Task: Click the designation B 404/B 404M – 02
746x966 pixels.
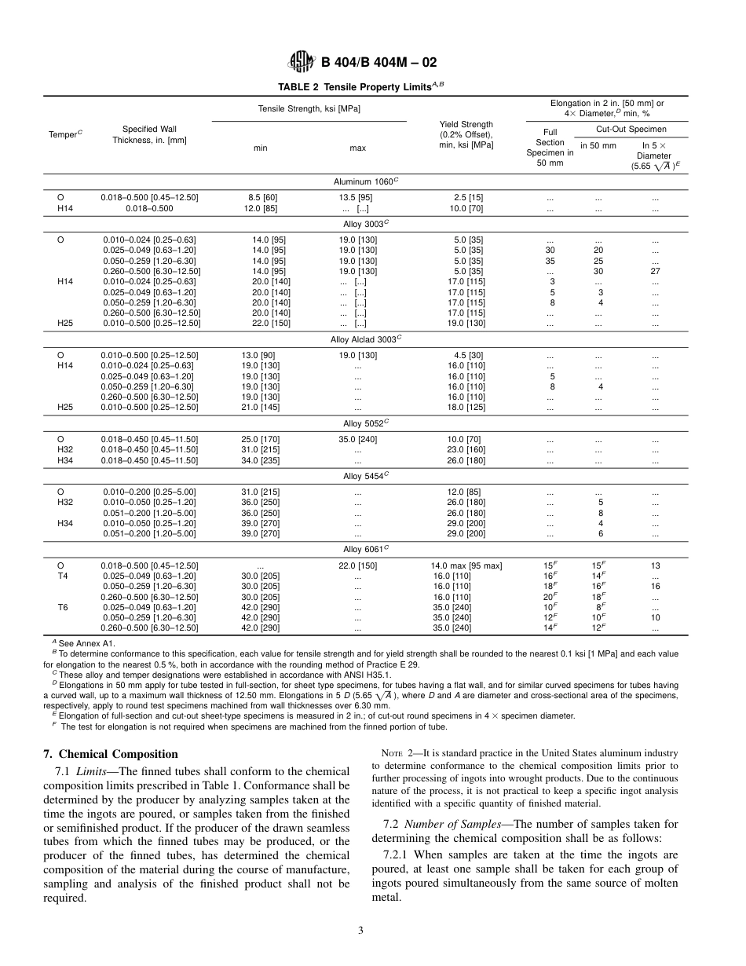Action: coord(378,63)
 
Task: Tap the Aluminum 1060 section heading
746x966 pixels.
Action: coord(366,181)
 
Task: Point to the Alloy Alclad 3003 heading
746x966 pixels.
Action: coord(366,339)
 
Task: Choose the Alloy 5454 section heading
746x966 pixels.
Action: coord(366,476)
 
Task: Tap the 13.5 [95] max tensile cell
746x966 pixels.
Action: coord(355,197)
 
